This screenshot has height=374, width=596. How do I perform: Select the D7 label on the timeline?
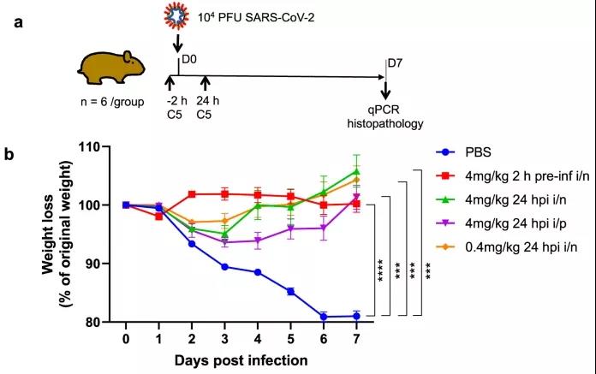(x=395, y=63)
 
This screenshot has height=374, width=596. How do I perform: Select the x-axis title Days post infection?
(x=253, y=360)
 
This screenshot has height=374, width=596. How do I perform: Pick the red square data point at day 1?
(x=158, y=217)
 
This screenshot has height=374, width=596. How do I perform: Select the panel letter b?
(x=11, y=155)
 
